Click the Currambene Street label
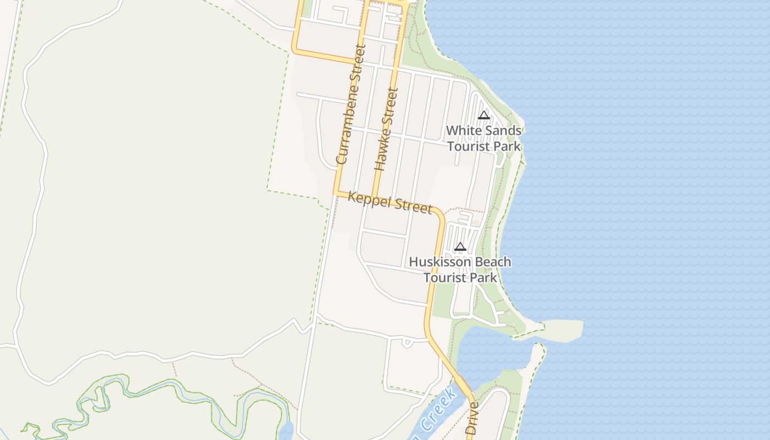pyautogui.click(x=350, y=105)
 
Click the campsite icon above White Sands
pyautogui.click(x=484, y=115)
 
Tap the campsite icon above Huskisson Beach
pyautogui.click(x=460, y=246)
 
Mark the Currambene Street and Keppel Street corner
pyautogui.click(x=335, y=193)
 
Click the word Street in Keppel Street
pyautogui.click(x=415, y=206)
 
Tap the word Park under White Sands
pyautogui.click(x=507, y=146)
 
